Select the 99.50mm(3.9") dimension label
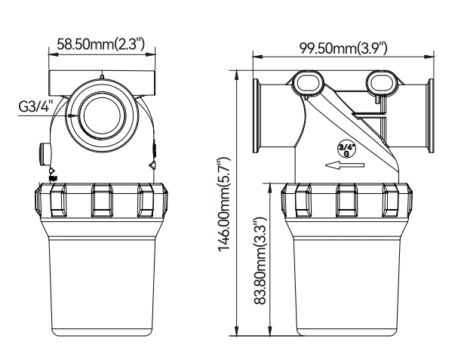pos(343,49)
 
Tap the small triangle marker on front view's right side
pos(153,163)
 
